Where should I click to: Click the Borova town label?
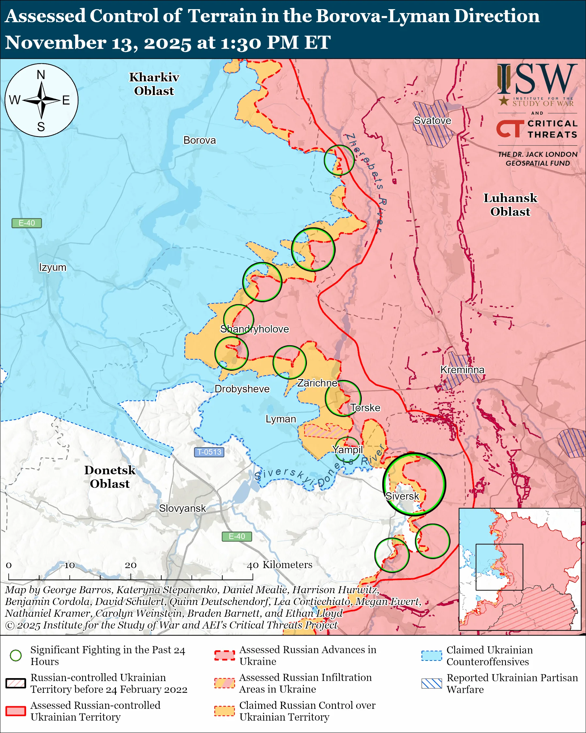point(199,140)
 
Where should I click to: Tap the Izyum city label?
point(53,267)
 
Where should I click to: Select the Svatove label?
point(433,120)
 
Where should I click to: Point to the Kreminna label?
point(462,369)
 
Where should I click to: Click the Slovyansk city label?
point(182,508)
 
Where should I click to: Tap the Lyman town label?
point(281,419)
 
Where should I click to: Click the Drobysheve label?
point(242,389)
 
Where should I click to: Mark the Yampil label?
point(348,449)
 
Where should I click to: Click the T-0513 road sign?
point(209,452)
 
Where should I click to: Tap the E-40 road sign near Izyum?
point(26,223)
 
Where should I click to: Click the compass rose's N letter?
point(41,75)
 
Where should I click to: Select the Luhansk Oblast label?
point(510,204)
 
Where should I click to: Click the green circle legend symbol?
point(16,655)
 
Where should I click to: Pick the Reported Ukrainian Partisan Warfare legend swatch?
point(432,683)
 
